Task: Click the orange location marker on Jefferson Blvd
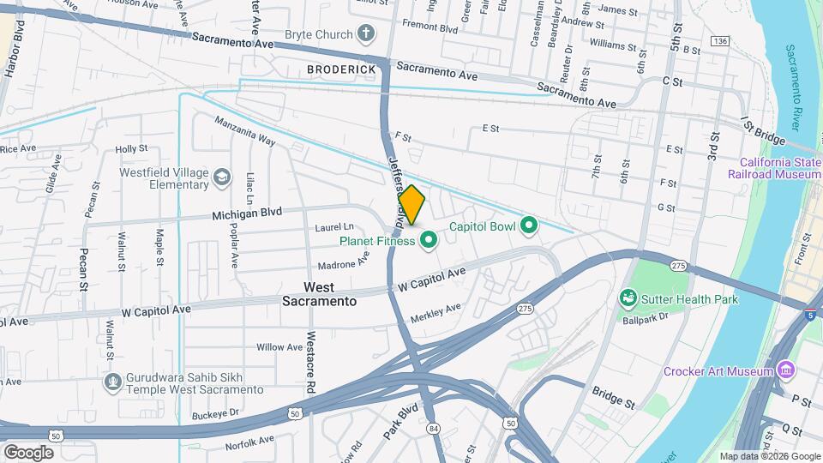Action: click(x=411, y=204)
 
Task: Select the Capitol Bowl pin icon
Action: click(x=529, y=226)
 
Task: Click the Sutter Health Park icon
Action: click(x=628, y=298)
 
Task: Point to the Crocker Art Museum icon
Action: click(x=784, y=370)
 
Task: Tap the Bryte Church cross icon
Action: click(x=366, y=34)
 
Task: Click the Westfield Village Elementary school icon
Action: click(x=222, y=177)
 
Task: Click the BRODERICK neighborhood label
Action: click(x=342, y=69)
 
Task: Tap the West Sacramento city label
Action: click(x=319, y=294)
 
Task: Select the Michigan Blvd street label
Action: click(x=247, y=212)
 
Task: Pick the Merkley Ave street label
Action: click(x=436, y=312)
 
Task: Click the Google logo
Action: click(x=27, y=452)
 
